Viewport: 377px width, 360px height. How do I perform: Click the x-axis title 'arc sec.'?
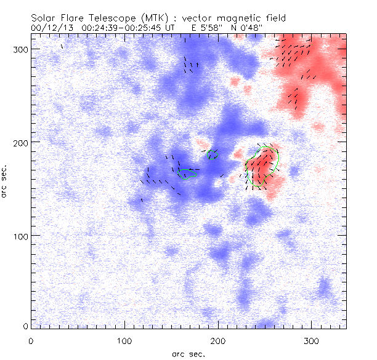click(x=188, y=353)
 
